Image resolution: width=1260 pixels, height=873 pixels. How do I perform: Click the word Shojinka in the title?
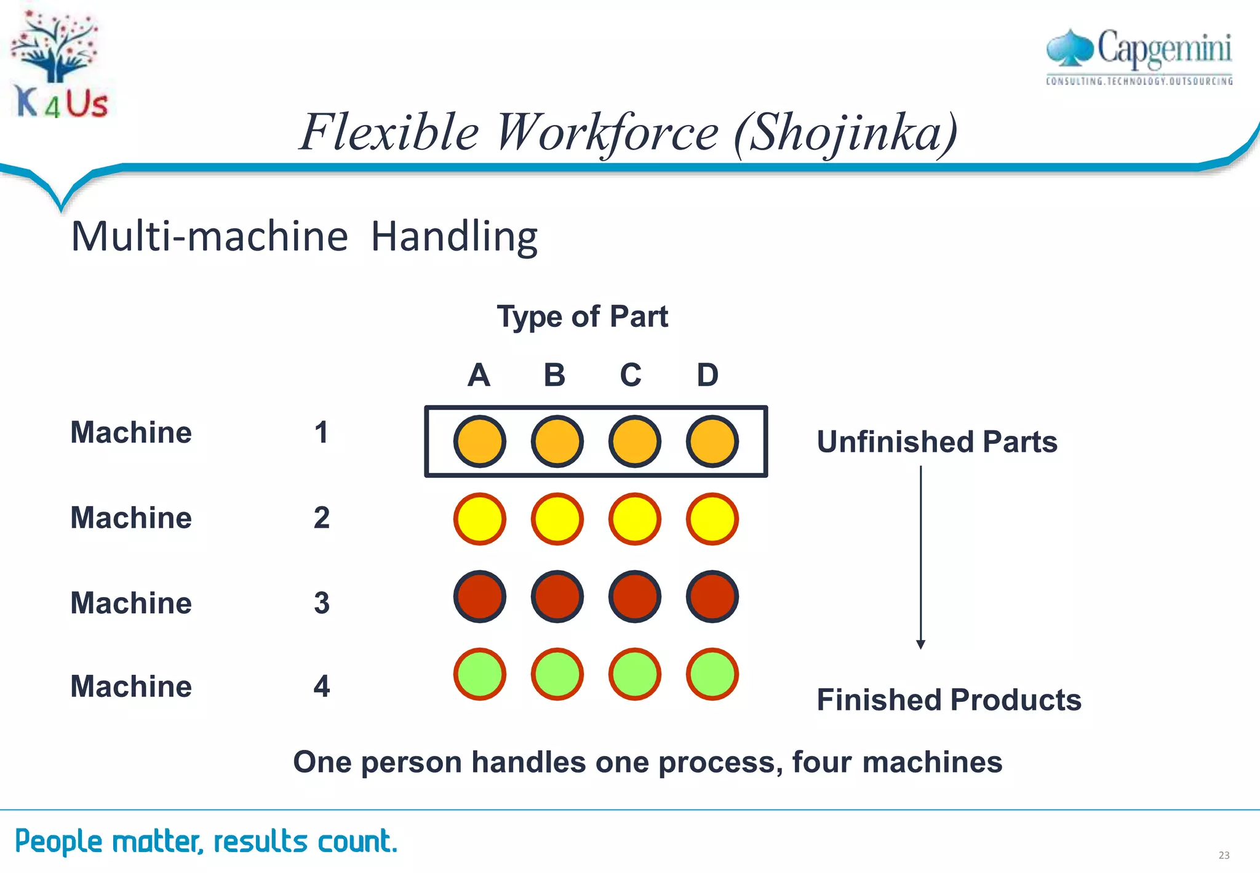coord(846,132)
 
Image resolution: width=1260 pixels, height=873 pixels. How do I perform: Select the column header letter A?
coord(479,375)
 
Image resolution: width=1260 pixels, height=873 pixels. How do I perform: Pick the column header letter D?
coord(708,375)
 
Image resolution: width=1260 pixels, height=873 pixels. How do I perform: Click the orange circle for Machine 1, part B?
coord(557,441)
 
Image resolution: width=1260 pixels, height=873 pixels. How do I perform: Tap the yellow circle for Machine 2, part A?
coord(479,519)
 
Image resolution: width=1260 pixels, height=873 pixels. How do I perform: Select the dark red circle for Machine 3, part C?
coord(634,597)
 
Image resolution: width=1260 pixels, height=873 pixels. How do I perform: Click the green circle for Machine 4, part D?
coord(712,674)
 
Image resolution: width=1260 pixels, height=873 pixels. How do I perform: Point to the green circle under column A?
coord(479,674)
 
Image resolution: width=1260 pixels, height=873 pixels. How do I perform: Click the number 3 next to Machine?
coord(321,603)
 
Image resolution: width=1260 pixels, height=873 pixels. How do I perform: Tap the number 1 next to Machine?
coord(321,433)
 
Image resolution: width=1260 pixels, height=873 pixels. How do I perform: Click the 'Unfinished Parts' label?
coord(936,442)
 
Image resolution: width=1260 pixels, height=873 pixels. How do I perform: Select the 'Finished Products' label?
coord(948,700)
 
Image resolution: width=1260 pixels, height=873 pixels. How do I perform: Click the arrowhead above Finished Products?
coord(920,644)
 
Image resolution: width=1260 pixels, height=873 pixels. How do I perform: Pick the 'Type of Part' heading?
coord(581,317)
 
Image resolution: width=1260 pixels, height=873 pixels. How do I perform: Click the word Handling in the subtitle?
coord(454,236)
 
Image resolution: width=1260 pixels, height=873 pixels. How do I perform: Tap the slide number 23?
coord(1223,855)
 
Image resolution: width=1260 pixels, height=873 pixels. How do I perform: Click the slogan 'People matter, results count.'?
coord(206,841)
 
